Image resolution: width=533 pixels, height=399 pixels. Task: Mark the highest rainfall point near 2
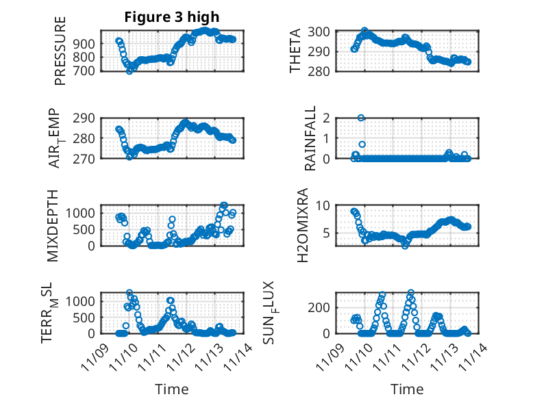pos(361,118)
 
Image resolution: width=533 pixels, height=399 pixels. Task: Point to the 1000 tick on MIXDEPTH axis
pos(82,213)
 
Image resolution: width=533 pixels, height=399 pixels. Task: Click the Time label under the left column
pos(171,389)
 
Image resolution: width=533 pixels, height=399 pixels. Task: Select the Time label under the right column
pos(407,389)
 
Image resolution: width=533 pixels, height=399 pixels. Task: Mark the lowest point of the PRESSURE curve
pos(129,71)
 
